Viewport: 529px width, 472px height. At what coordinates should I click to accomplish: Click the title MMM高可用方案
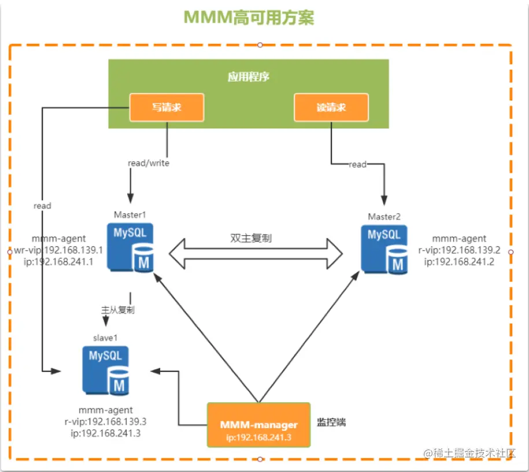point(249,18)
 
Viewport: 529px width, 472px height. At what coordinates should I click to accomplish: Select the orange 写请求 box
point(167,107)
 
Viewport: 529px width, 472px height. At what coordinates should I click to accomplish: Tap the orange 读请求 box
point(331,107)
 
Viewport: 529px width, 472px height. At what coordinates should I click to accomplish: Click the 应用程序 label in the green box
point(249,77)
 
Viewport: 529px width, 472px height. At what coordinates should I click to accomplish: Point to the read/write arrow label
point(149,163)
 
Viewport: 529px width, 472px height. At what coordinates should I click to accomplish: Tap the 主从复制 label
point(118,310)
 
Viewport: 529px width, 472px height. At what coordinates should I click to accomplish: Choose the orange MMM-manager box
point(258,425)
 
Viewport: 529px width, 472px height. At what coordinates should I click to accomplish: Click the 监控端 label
point(331,422)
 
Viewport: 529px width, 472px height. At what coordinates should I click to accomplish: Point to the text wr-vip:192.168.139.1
point(59,250)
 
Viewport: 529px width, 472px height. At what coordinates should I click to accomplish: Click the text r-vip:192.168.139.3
point(109,421)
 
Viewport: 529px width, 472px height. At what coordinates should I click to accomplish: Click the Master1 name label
point(130,214)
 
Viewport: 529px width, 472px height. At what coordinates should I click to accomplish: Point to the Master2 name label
point(384,216)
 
